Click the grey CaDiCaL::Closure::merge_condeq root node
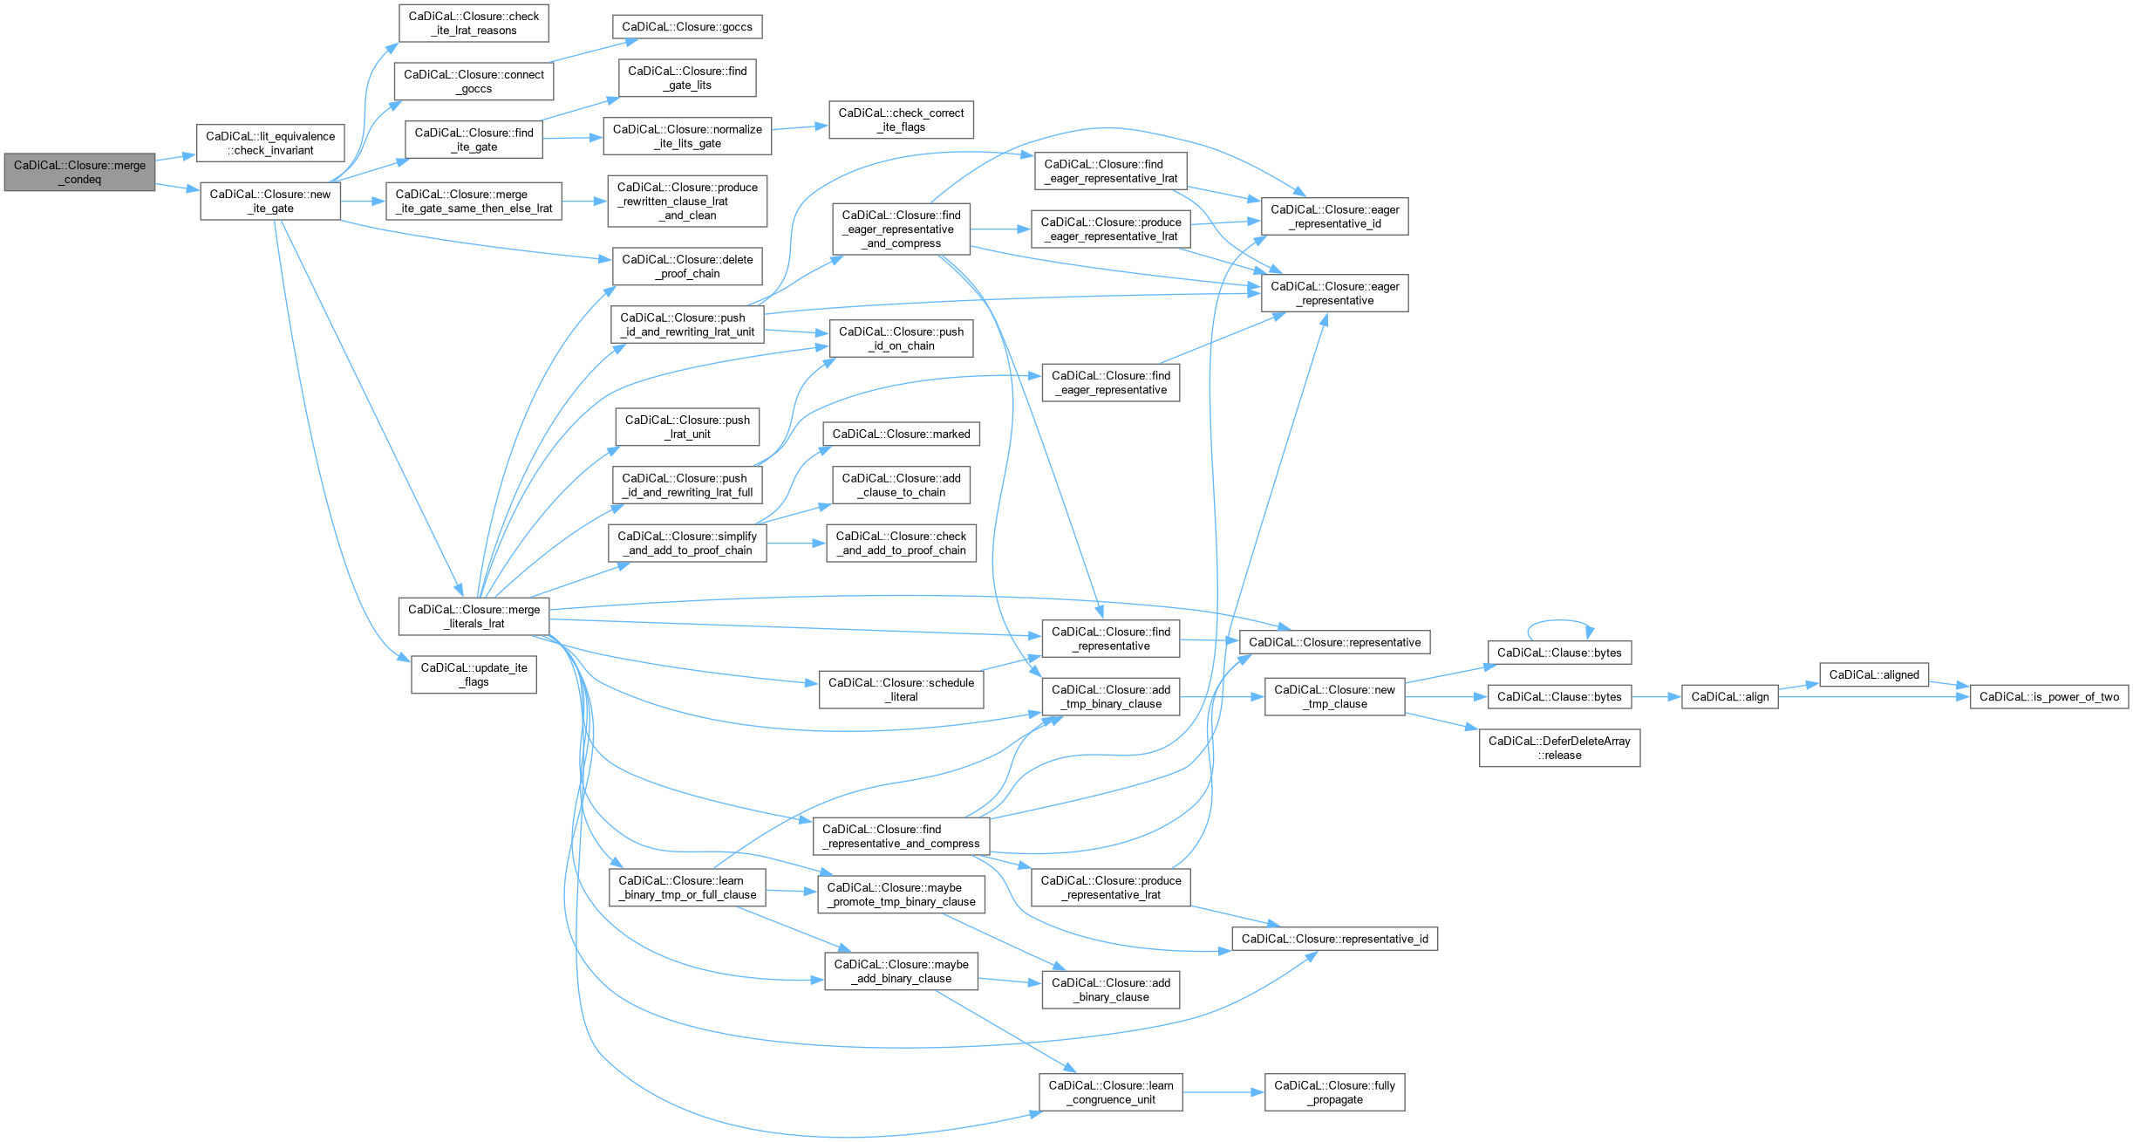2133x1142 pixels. click(79, 172)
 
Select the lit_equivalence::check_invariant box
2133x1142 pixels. click(270, 143)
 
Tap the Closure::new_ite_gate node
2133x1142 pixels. click(270, 202)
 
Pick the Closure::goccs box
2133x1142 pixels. click(687, 27)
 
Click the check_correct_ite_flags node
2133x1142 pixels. click(901, 120)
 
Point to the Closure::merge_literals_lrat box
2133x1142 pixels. click(474, 617)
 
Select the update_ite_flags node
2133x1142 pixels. click(474, 674)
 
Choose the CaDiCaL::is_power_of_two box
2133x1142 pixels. click(2048, 696)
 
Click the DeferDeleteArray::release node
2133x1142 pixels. click(1559, 748)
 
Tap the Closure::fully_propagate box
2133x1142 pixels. click(1334, 1092)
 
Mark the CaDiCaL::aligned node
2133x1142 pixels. click(1874, 674)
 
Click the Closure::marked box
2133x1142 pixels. click(901, 434)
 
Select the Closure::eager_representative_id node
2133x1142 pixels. click(1334, 216)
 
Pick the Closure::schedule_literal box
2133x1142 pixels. click(901, 689)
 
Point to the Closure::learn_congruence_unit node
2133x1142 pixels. click(1110, 1092)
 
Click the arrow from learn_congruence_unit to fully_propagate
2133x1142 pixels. click(1223, 1092)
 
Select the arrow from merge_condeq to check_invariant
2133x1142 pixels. click(176, 158)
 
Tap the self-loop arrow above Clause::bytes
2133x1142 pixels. click(1559, 621)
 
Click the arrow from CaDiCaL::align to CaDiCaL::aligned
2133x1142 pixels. click(1798, 687)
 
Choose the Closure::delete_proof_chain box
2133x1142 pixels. click(687, 266)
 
